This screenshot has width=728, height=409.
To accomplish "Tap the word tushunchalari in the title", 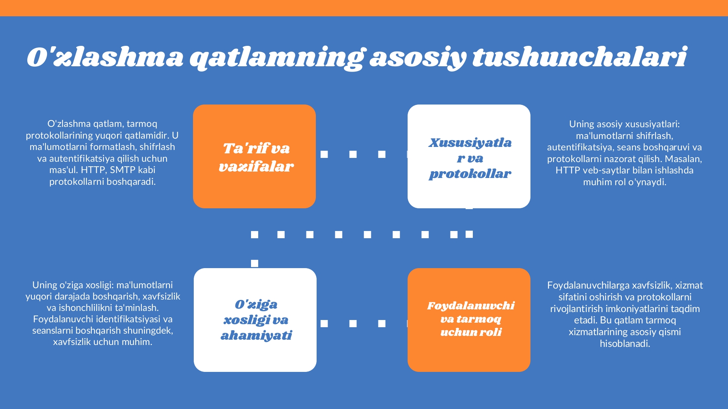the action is [x=580, y=57].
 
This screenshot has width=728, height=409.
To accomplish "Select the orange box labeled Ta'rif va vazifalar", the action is [x=254, y=156].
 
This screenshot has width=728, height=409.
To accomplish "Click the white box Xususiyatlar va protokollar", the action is [x=469, y=156].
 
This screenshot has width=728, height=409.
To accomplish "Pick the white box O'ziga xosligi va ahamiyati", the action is [x=255, y=320].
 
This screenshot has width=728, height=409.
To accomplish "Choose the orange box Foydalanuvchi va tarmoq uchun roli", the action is [x=469, y=320].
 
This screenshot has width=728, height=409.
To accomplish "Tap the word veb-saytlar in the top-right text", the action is [x=603, y=170].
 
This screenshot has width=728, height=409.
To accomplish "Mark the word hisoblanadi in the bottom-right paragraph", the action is [x=625, y=344].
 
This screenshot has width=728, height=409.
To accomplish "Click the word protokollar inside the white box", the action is [x=470, y=174].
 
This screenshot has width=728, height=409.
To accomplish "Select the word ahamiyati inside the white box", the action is [x=256, y=336].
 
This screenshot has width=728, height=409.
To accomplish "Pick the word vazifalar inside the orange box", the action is [x=256, y=167].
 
